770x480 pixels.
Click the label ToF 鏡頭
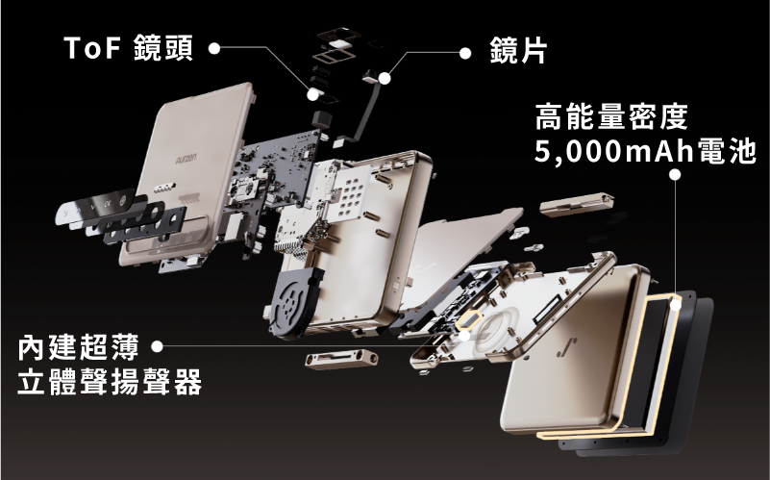(x=129, y=48)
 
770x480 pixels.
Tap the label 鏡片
(x=517, y=50)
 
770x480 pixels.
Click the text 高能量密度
(x=611, y=116)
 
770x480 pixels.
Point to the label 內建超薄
(x=79, y=347)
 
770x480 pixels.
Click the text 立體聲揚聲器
(x=110, y=382)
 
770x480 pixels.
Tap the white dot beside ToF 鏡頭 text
(x=213, y=48)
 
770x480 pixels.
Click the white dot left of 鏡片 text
(x=465, y=53)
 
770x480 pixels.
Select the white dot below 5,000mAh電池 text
(x=675, y=174)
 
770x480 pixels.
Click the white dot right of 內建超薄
(x=157, y=346)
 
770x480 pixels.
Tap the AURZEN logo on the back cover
(x=186, y=159)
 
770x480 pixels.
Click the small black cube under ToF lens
(x=322, y=119)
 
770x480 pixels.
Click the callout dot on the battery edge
(x=676, y=305)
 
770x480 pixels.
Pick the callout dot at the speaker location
(x=464, y=336)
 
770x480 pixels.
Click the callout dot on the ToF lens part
(x=312, y=94)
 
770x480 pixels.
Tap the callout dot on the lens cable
(x=385, y=78)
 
